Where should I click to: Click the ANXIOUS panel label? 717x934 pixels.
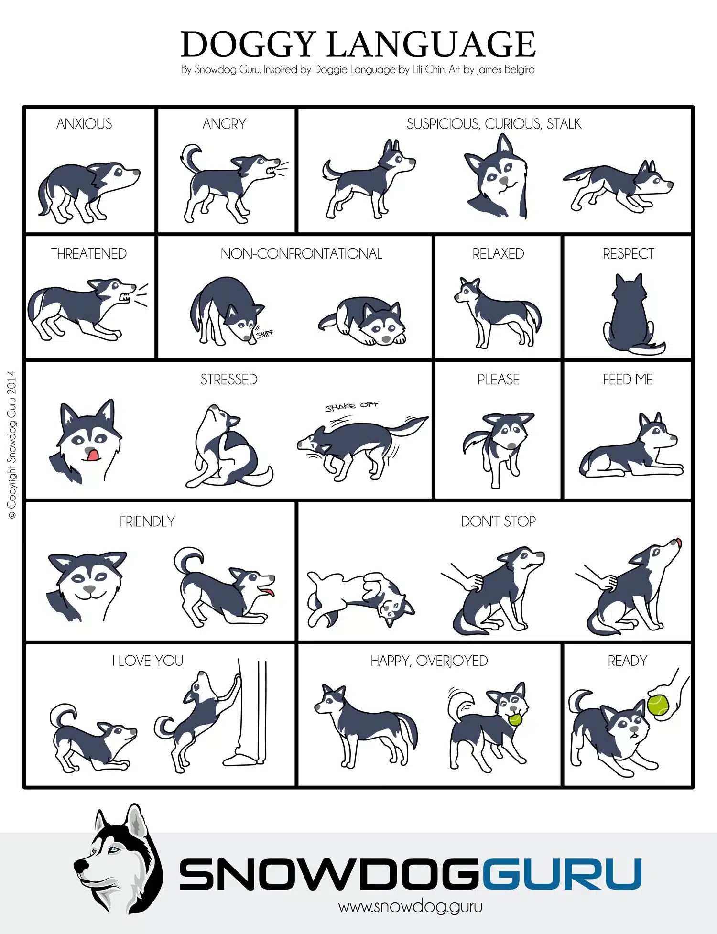coord(84,124)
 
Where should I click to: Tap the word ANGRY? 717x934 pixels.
coord(224,124)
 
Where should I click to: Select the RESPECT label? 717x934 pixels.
coord(628,253)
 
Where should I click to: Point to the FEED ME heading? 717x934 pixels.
coord(628,380)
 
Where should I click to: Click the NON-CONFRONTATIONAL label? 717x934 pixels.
coord(302,253)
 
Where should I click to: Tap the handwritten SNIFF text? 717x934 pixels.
coord(264,333)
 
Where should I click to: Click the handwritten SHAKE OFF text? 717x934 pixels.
coord(352,406)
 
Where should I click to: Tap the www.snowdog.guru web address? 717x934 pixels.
coord(410,906)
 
